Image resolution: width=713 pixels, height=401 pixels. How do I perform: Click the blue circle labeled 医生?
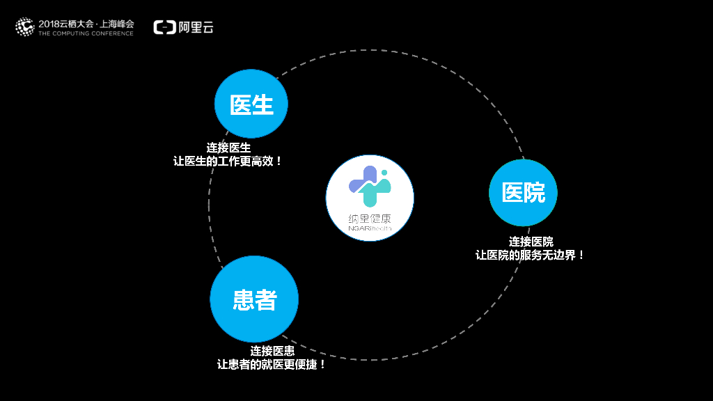tap(251, 104)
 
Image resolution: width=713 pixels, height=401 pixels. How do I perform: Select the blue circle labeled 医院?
tap(523, 193)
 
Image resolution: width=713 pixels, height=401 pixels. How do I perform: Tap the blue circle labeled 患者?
tap(254, 299)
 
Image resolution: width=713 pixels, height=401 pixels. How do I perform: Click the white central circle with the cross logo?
tap(370, 198)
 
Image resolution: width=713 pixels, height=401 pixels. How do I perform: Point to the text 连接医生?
tap(228, 148)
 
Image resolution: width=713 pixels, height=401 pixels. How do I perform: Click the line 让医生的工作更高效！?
tap(228, 161)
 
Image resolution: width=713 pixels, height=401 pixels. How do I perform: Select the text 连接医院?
tap(531, 242)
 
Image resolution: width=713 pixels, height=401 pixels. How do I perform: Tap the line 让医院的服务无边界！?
tap(531, 255)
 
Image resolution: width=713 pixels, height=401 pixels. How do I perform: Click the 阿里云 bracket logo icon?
tap(164, 27)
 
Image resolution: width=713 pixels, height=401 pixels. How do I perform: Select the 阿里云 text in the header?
tap(196, 27)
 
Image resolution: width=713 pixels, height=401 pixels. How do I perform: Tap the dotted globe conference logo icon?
tap(24, 27)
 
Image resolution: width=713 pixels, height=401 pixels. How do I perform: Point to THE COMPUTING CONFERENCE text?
tap(86, 33)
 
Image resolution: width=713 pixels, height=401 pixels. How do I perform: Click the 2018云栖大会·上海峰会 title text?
tap(86, 23)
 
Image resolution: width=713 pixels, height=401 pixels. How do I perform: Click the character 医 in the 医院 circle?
tap(512, 193)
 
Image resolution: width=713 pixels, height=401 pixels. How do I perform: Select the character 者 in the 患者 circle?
tap(266, 299)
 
